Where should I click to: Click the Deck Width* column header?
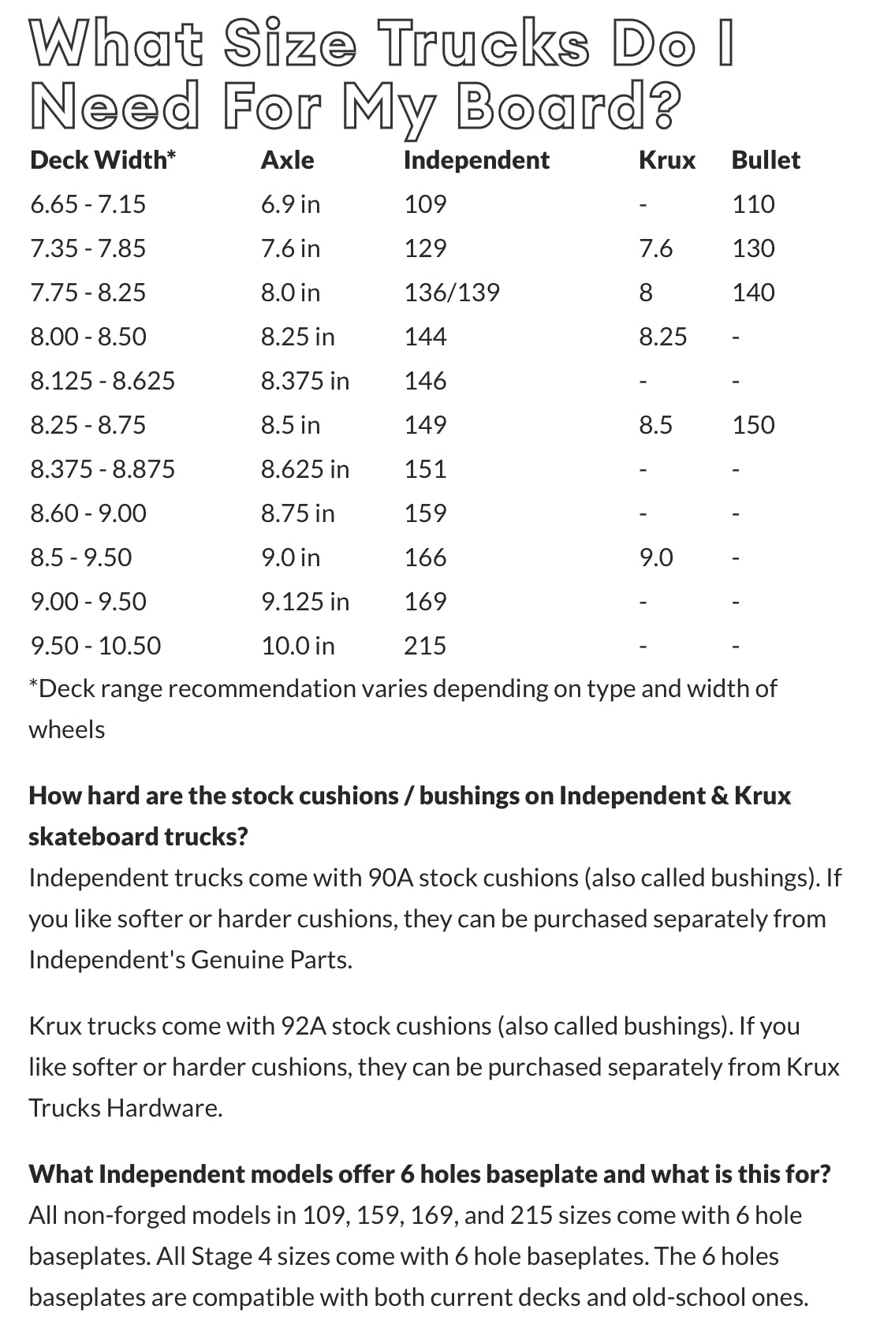pos(103,160)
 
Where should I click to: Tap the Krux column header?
pos(666,160)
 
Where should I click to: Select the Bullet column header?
pos(765,160)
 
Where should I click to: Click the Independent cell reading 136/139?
pos(451,293)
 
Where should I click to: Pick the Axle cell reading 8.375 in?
pos(304,381)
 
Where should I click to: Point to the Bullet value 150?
pos(752,425)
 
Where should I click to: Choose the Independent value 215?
pos(424,646)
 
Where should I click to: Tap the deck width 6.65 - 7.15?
pos(88,204)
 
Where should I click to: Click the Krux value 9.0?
pos(655,558)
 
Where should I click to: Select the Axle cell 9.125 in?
pos(304,602)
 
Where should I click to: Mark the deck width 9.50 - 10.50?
pos(95,646)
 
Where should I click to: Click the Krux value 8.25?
pos(662,337)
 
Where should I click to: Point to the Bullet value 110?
pos(752,204)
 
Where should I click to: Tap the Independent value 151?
pos(424,469)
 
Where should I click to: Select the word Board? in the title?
pos(568,107)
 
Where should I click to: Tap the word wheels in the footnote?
pos(66,729)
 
